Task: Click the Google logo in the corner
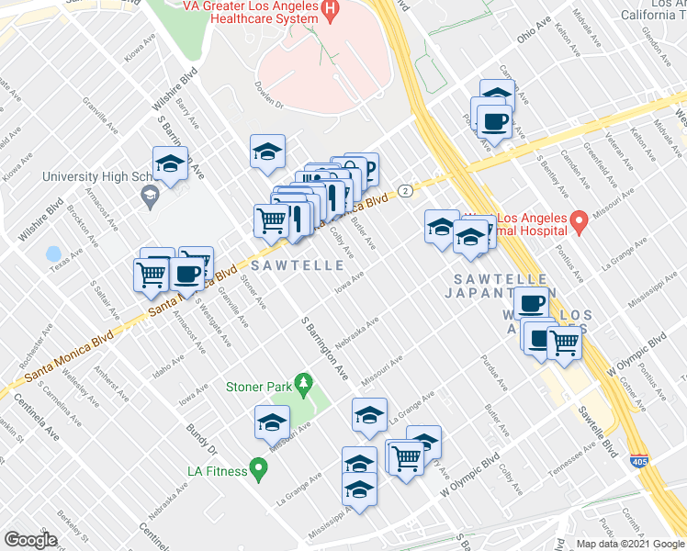point(30,540)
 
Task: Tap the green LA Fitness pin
point(258,471)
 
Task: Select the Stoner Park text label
point(258,387)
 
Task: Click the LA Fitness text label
point(217,471)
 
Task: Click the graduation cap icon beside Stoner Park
point(273,422)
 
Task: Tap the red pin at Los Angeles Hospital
point(579,221)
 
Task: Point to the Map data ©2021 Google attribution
point(629,544)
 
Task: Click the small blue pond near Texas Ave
point(53,253)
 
